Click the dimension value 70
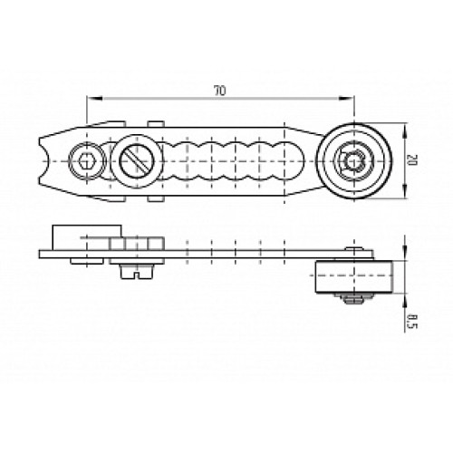(218, 92)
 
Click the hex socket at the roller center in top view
(352, 159)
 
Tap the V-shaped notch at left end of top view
(47, 159)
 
